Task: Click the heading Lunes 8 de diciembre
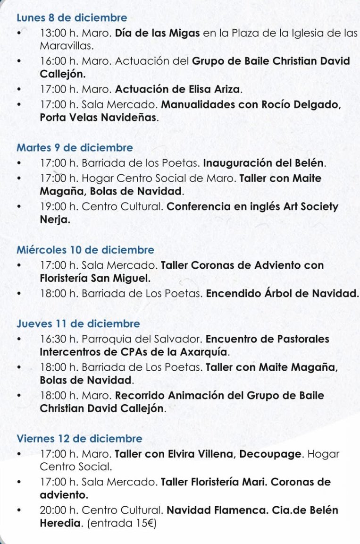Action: [x=72, y=18]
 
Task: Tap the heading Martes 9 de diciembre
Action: [x=75, y=148]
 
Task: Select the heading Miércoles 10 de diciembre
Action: [x=85, y=250]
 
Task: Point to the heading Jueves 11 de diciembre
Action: [x=78, y=324]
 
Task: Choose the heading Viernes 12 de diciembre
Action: [x=79, y=439]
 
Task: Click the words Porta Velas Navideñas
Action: [x=99, y=118]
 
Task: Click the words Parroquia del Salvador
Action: [x=142, y=339]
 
